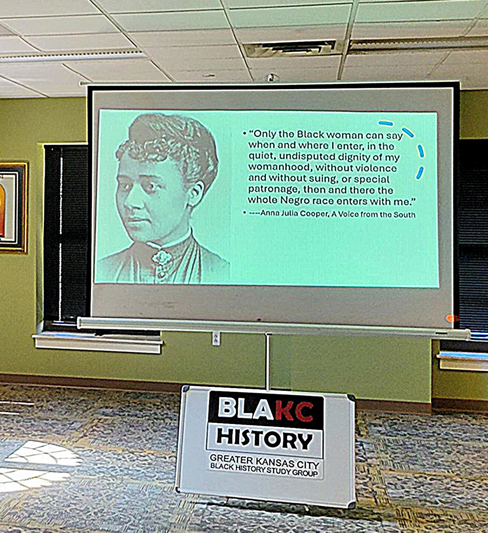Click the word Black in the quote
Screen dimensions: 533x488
[310, 134]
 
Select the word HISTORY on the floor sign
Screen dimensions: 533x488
[265, 439]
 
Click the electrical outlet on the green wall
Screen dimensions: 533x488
[216, 338]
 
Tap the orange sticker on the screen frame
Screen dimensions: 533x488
[452, 318]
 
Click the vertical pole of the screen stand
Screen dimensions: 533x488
[268, 360]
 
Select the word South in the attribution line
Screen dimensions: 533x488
[404, 214]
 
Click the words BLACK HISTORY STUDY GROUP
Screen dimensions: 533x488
[264, 470]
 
